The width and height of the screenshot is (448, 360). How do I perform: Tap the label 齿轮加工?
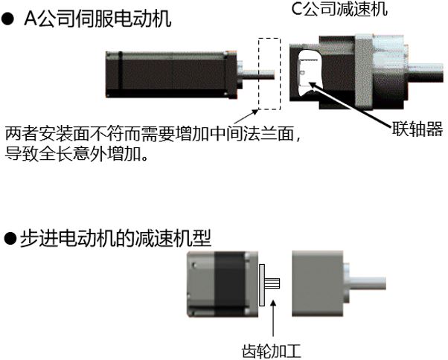(x=273, y=349)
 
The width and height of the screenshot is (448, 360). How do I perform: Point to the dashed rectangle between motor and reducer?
(x=267, y=74)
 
